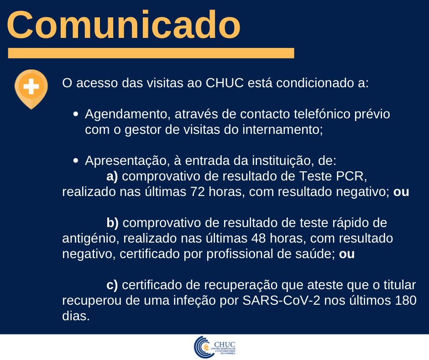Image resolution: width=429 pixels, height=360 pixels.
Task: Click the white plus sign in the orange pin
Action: pos(31,86)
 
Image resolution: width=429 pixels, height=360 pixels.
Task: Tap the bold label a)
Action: pos(112,176)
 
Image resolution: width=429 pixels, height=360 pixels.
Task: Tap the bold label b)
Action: pos(112,223)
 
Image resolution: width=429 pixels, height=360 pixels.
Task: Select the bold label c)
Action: pos(112,285)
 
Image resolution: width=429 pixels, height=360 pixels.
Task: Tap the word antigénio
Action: pos(89,238)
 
